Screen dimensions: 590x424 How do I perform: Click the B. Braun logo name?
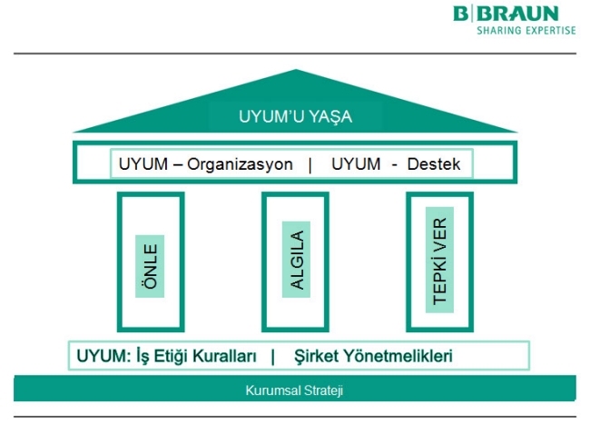coord(506,14)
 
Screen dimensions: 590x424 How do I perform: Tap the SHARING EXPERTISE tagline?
coord(526,31)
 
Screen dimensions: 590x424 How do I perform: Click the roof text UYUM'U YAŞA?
coord(295,116)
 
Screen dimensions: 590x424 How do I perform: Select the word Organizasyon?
coord(240,164)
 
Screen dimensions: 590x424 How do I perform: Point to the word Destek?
coord(434,164)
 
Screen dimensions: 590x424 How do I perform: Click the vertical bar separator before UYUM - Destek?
coord(310,164)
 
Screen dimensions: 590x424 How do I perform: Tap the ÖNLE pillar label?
coord(150,266)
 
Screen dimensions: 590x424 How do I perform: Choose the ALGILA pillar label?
coord(297,260)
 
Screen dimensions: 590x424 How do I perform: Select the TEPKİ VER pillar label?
coord(439,261)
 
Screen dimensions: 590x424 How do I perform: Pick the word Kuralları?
coord(224,356)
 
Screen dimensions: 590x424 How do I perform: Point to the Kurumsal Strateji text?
coord(294,390)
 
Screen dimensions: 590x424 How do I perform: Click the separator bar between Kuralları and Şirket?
coord(273,357)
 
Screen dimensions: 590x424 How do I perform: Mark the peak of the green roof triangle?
coord(296,70)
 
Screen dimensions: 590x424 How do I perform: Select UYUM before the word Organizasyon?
coord(143,164)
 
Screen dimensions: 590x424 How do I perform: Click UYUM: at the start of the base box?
coord(103,356)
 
